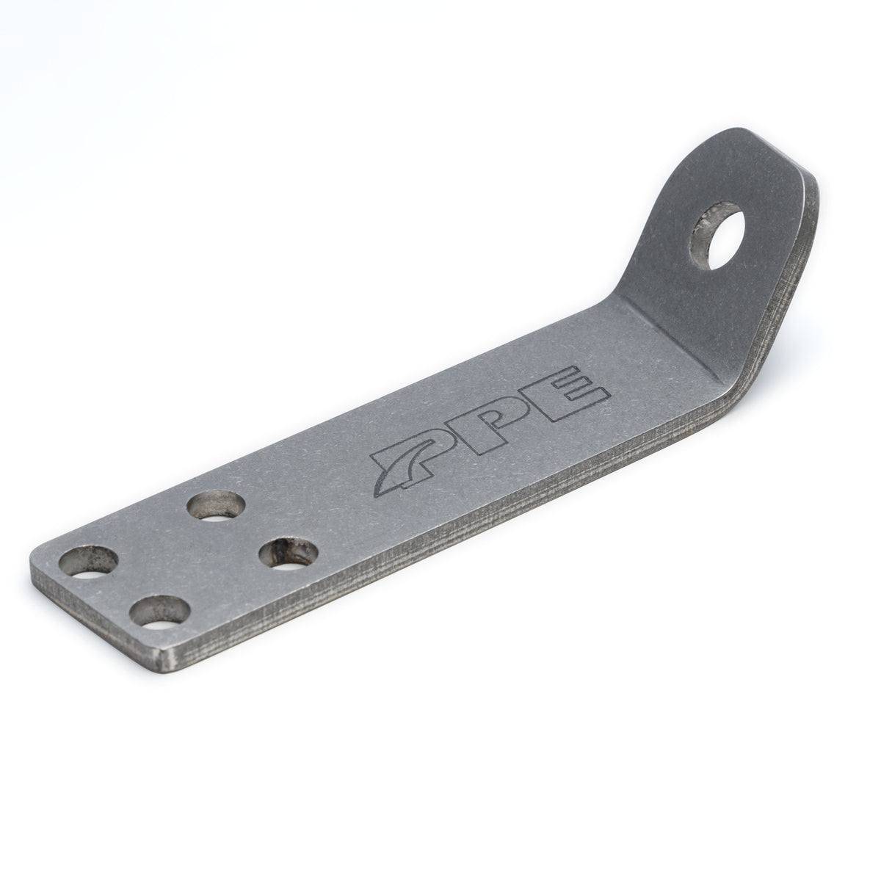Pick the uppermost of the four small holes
coord(217,507)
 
